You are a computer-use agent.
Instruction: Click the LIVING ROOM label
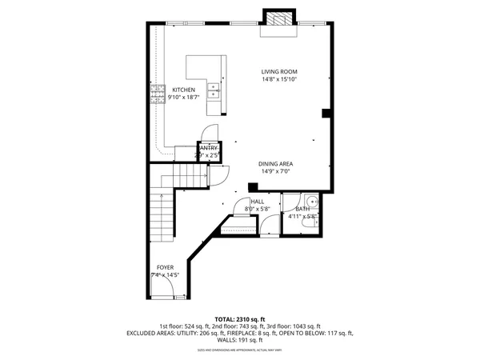coord(279,71)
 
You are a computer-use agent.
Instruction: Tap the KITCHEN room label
coord(183,90)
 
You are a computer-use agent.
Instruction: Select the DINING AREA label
coord(274,163)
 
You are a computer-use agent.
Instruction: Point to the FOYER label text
coord(165,267)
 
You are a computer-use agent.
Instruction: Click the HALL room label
coord(258,202)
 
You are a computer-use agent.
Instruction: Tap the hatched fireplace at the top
coord(279,22)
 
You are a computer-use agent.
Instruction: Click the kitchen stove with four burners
coord(154,99)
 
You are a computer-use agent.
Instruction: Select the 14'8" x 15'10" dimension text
coord(279,79)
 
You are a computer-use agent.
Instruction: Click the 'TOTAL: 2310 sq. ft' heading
coord(239,318)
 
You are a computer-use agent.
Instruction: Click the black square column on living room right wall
coord(326,114)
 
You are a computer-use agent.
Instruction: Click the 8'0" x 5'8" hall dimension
coord(258,210)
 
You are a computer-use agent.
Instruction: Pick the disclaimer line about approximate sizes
coord(239,350)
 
